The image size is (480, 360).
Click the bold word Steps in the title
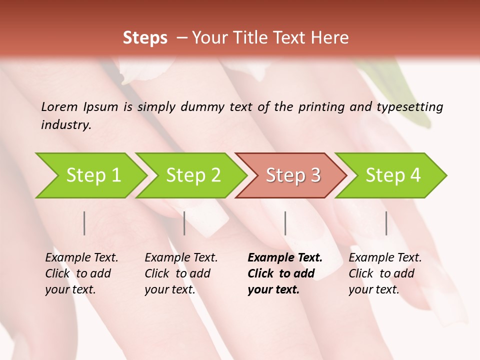[145, 38]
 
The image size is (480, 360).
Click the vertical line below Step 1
[84, 223]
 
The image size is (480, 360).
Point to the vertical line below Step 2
[184, 223]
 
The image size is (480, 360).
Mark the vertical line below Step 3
[285, 223]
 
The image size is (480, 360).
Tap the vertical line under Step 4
[386, 223]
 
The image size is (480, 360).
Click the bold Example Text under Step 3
[285, 258]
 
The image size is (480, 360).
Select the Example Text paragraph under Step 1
[81, 273]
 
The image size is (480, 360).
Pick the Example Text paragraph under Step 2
[181, 273]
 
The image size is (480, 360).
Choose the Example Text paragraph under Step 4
[385, 273]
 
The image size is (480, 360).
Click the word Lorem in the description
[59, 107]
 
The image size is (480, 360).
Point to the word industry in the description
[65, 125]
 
